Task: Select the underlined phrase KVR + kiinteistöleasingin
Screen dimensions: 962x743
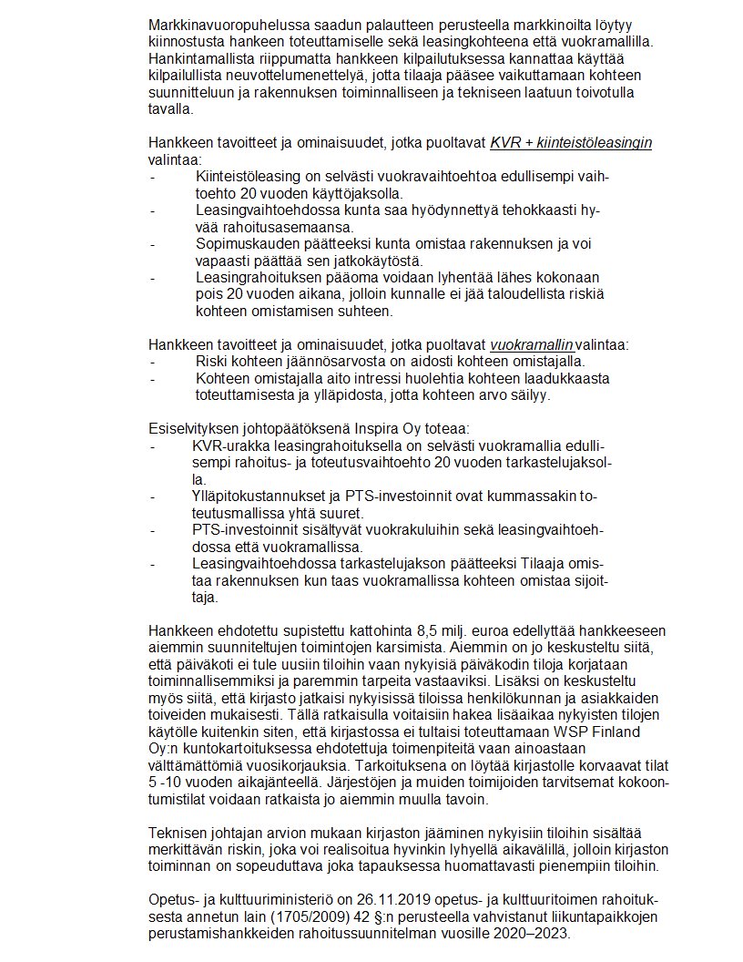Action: (571, 142)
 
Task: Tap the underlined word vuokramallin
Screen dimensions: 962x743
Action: (532, 344)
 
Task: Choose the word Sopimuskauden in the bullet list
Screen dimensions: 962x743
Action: (242, 243)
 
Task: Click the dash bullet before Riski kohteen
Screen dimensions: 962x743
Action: (152, 360)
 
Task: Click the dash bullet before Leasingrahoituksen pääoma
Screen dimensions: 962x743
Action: (152, 277)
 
